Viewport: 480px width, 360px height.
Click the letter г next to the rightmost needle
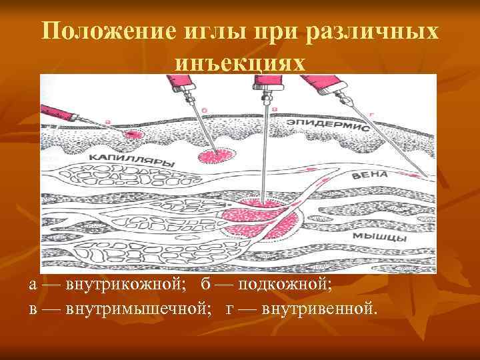(x=371, y=115)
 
